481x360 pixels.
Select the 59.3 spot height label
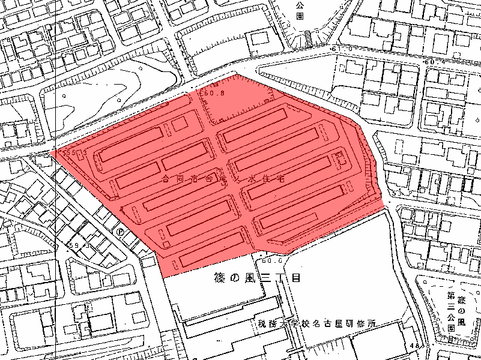click(80, 245)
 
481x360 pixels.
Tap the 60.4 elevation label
click(434, 62)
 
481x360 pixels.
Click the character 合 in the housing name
click(166, 179)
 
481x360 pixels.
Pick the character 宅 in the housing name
click(280, 178)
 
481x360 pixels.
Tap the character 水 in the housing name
click(252, 178)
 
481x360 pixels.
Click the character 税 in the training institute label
click(262, 324)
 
